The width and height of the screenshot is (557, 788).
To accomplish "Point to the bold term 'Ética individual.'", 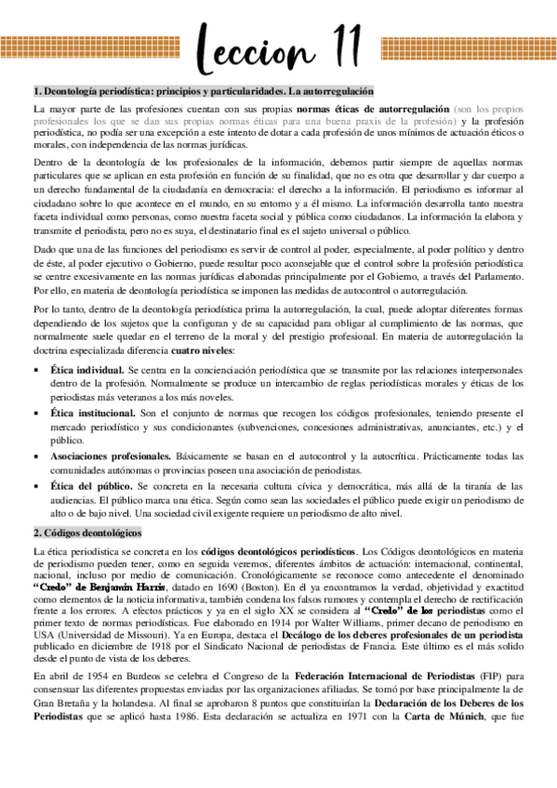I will [x=86, y=369].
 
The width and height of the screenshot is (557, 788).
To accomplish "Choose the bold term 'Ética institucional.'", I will [x=93, y=412].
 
